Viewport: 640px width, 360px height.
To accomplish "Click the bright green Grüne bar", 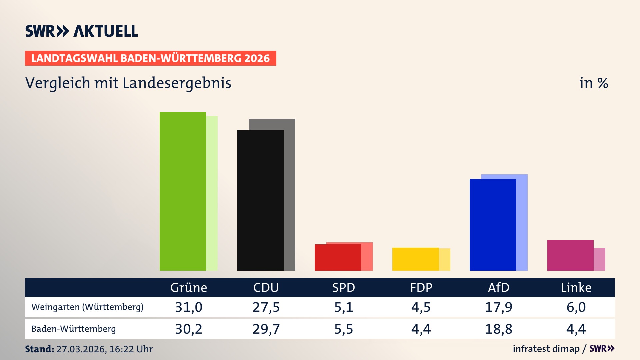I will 183,191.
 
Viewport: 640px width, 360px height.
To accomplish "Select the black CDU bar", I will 260,200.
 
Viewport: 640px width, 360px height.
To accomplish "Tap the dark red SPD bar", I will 338,257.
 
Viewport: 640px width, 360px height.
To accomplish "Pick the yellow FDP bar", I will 415,259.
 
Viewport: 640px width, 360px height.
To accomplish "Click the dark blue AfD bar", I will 493,225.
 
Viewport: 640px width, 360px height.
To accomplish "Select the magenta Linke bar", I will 570,255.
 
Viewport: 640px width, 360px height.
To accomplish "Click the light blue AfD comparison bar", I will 522,223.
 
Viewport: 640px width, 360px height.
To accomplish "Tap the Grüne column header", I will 189,287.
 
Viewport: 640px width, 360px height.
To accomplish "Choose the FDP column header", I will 421,287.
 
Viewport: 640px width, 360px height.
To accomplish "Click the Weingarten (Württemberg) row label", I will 87,307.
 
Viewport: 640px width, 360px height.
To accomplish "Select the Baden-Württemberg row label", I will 74,329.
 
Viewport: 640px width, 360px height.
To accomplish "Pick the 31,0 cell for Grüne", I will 189,307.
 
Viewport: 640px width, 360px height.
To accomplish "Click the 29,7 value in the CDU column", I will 266,329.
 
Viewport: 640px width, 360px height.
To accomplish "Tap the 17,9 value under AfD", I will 498,307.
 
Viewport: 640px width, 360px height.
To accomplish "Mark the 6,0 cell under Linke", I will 576,307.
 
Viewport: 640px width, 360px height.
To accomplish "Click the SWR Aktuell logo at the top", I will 82,31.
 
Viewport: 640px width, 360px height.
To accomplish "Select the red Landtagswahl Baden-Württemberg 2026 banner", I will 150,58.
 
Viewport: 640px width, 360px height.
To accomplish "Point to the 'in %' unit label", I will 594,83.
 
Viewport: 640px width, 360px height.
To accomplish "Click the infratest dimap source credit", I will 546,349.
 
